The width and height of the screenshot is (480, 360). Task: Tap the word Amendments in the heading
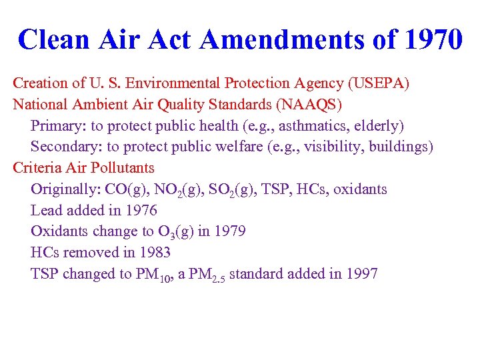tap(281, 40)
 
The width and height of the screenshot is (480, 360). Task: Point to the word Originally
tap(65, 189)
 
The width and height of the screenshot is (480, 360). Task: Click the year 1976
tap(140, 211)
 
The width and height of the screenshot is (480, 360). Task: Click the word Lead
tap(46, 211)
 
